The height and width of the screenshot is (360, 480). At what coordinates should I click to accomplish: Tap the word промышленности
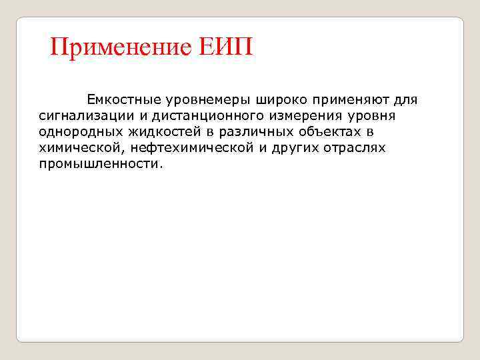(x=100, y=164)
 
